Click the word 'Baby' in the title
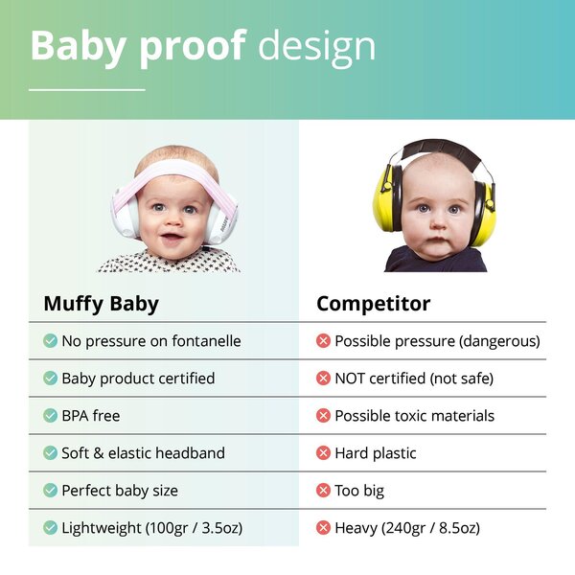click(78, 45)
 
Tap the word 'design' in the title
click(317, 46)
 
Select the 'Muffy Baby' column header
click(101, 305)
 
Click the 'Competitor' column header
click(373, 305)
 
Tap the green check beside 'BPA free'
click(50, 416)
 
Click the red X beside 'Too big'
click(323, 491)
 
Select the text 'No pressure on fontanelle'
click(150, 341)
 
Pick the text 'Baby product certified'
click(138, 379)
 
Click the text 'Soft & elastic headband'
click(145, 453)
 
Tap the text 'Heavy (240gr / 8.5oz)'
click(407, 528)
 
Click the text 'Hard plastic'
click(376, 453)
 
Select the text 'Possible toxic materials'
click(414, 416)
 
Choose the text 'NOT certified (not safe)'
click(414, 379)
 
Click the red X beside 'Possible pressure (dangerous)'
click(323, 341)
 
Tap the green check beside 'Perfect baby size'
click(50, 491)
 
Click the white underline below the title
click(86, 89)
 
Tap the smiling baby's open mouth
click(172, 237)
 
